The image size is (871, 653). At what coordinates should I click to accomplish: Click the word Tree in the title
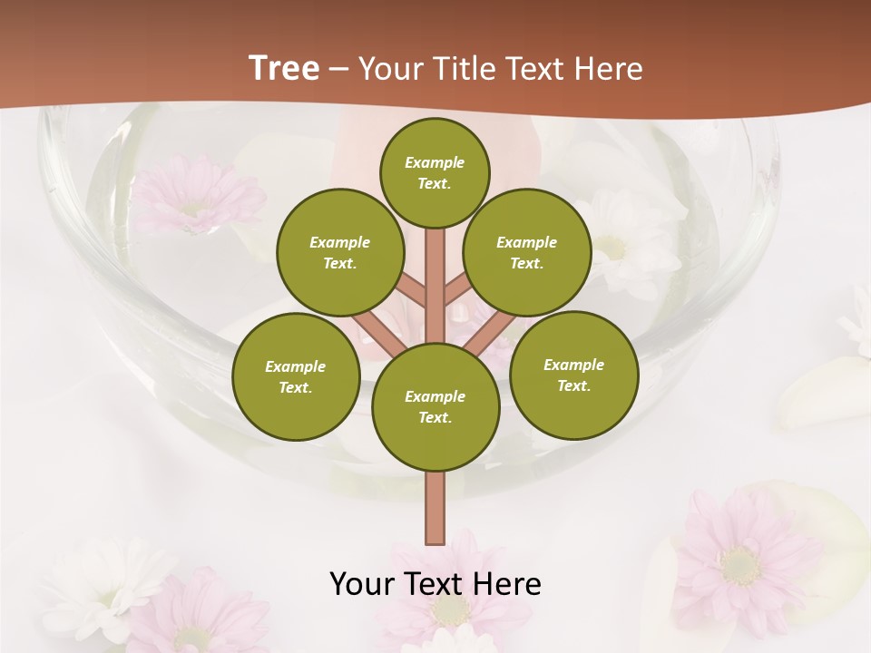(x=284, y=69)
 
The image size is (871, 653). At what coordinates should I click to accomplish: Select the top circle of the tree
(x=435, y=172)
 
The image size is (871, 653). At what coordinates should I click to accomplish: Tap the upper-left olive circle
(x=339, y=253)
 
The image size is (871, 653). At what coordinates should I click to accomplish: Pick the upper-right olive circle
(x=527, y=253)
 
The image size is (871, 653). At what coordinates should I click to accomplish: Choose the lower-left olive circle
(x=296, y=376)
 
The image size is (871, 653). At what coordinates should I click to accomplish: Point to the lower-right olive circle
(x=573, y=375)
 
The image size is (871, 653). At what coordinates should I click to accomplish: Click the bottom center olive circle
(x=435, y=407)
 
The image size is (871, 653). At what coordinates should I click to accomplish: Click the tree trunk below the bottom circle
(x=435, y=508)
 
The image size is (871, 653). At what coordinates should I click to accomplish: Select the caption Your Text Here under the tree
(x=435, y=584)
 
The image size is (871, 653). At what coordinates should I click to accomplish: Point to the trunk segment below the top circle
(x=435, y=272)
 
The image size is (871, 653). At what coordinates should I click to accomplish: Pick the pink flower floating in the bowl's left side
(x=195, y=195)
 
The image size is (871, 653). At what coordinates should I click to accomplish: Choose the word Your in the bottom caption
(x=361, y=584)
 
